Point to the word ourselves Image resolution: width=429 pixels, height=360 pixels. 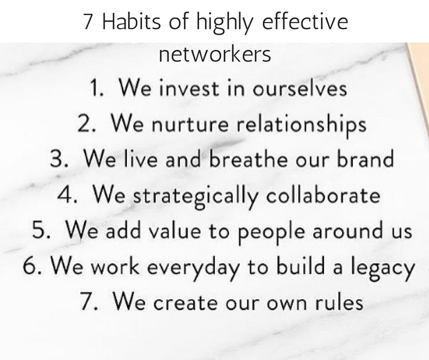(x=300, y=89)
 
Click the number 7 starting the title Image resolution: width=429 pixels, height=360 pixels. (x=89, y=22)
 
